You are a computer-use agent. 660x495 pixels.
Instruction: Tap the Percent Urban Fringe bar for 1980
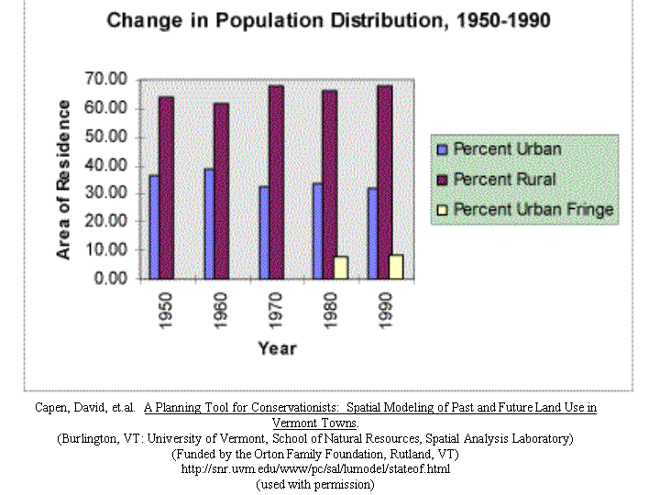coord(341,267)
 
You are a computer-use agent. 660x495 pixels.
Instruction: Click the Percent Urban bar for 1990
coord(372,233)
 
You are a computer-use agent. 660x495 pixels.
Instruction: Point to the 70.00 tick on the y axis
coord(106,80)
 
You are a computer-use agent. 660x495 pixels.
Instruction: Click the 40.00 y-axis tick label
coord(106,165)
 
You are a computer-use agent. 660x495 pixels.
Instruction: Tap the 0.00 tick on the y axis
coord(111,279)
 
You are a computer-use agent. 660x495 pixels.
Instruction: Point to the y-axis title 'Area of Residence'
coord(64,179)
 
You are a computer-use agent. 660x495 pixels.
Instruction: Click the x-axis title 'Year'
coord(276,348)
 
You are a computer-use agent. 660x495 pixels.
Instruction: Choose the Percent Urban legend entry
coord(507,148)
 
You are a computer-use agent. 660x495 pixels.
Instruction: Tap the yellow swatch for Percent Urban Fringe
coord(442,210)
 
